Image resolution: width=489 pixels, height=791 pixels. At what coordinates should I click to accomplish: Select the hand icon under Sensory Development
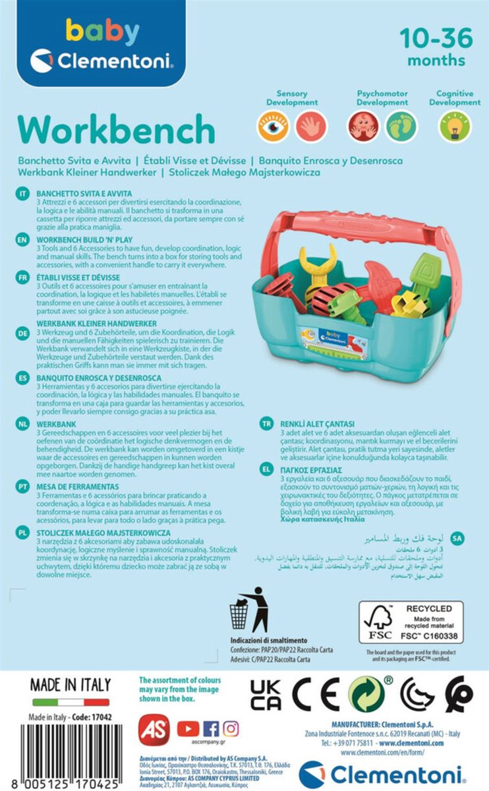click(x=311, y=126)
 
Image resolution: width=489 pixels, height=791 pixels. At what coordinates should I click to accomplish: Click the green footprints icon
click(x=401, y=126)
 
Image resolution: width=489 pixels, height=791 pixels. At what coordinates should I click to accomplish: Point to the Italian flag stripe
click(x=71, y=703)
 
